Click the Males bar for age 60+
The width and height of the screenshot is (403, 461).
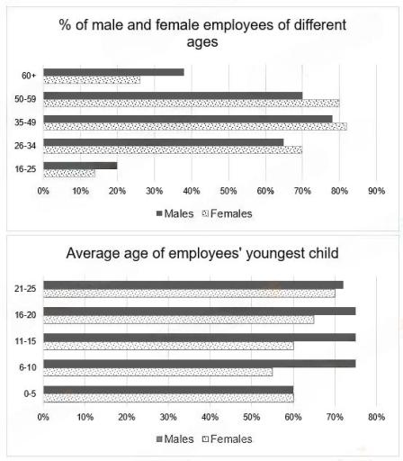click(x=113, y=72)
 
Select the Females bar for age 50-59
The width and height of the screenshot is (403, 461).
click(x=191, y=103)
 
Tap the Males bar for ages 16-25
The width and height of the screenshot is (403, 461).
click(x=80, y=166)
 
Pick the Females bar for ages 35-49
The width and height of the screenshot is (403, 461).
click(x=194, y=126)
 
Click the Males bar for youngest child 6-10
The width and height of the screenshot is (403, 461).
click(x=199, y=364)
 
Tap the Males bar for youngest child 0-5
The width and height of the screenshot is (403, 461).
click(x=168, y=390)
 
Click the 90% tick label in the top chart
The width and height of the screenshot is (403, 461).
click(x=376, y=191)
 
